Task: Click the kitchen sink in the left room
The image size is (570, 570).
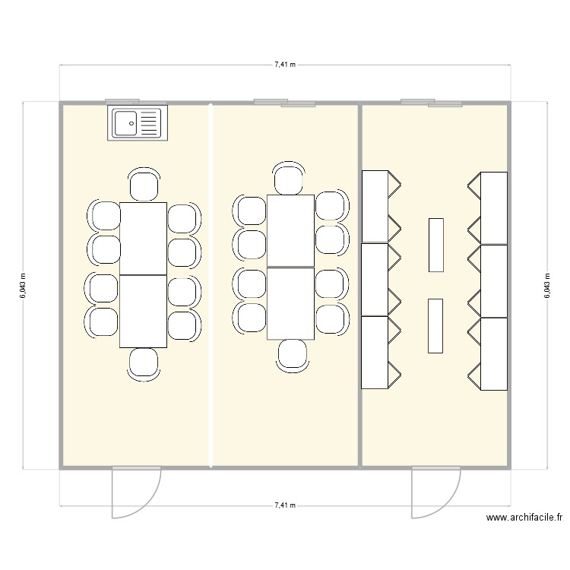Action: (x=138, y=122)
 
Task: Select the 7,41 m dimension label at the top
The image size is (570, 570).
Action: (x=285, y=65)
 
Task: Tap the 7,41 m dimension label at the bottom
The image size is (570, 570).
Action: (x=285, y=505)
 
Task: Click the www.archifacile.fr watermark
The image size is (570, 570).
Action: (x=524, y=518)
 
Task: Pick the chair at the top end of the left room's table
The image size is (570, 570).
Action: (x=144, y=185)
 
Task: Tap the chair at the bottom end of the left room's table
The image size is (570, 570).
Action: (x=144, y=363)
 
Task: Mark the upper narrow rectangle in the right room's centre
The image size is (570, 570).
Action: (x=435, y=245)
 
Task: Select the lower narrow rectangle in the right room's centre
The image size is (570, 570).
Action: (x=435, y=326)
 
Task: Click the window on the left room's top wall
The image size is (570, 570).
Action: (x=122, y=100)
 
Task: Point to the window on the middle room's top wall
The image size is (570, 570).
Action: (x=285, y=102)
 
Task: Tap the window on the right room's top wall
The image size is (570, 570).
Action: (x=431, y=102)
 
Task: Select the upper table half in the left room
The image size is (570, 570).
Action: (x=144, y=239)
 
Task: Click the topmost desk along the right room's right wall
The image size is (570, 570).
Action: (x=494, y=207)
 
